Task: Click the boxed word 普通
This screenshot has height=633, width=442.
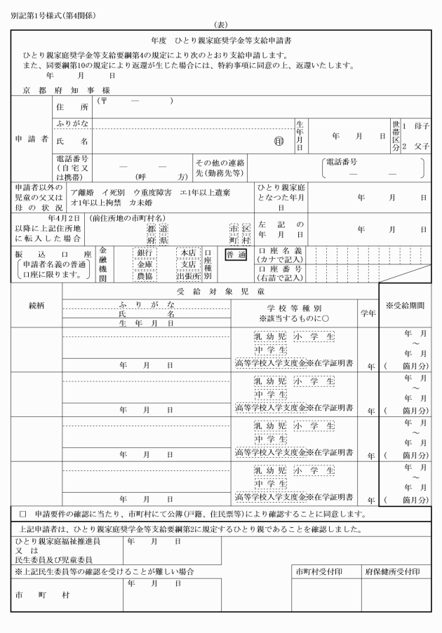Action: [236, 255]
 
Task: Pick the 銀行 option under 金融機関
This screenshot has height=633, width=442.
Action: [145, 252]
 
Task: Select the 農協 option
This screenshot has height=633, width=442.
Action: [145, 275]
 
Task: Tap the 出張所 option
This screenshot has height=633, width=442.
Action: [188, 275]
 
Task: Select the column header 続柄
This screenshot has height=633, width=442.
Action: [36, 306]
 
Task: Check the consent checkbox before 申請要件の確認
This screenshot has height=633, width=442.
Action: [23, 513]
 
